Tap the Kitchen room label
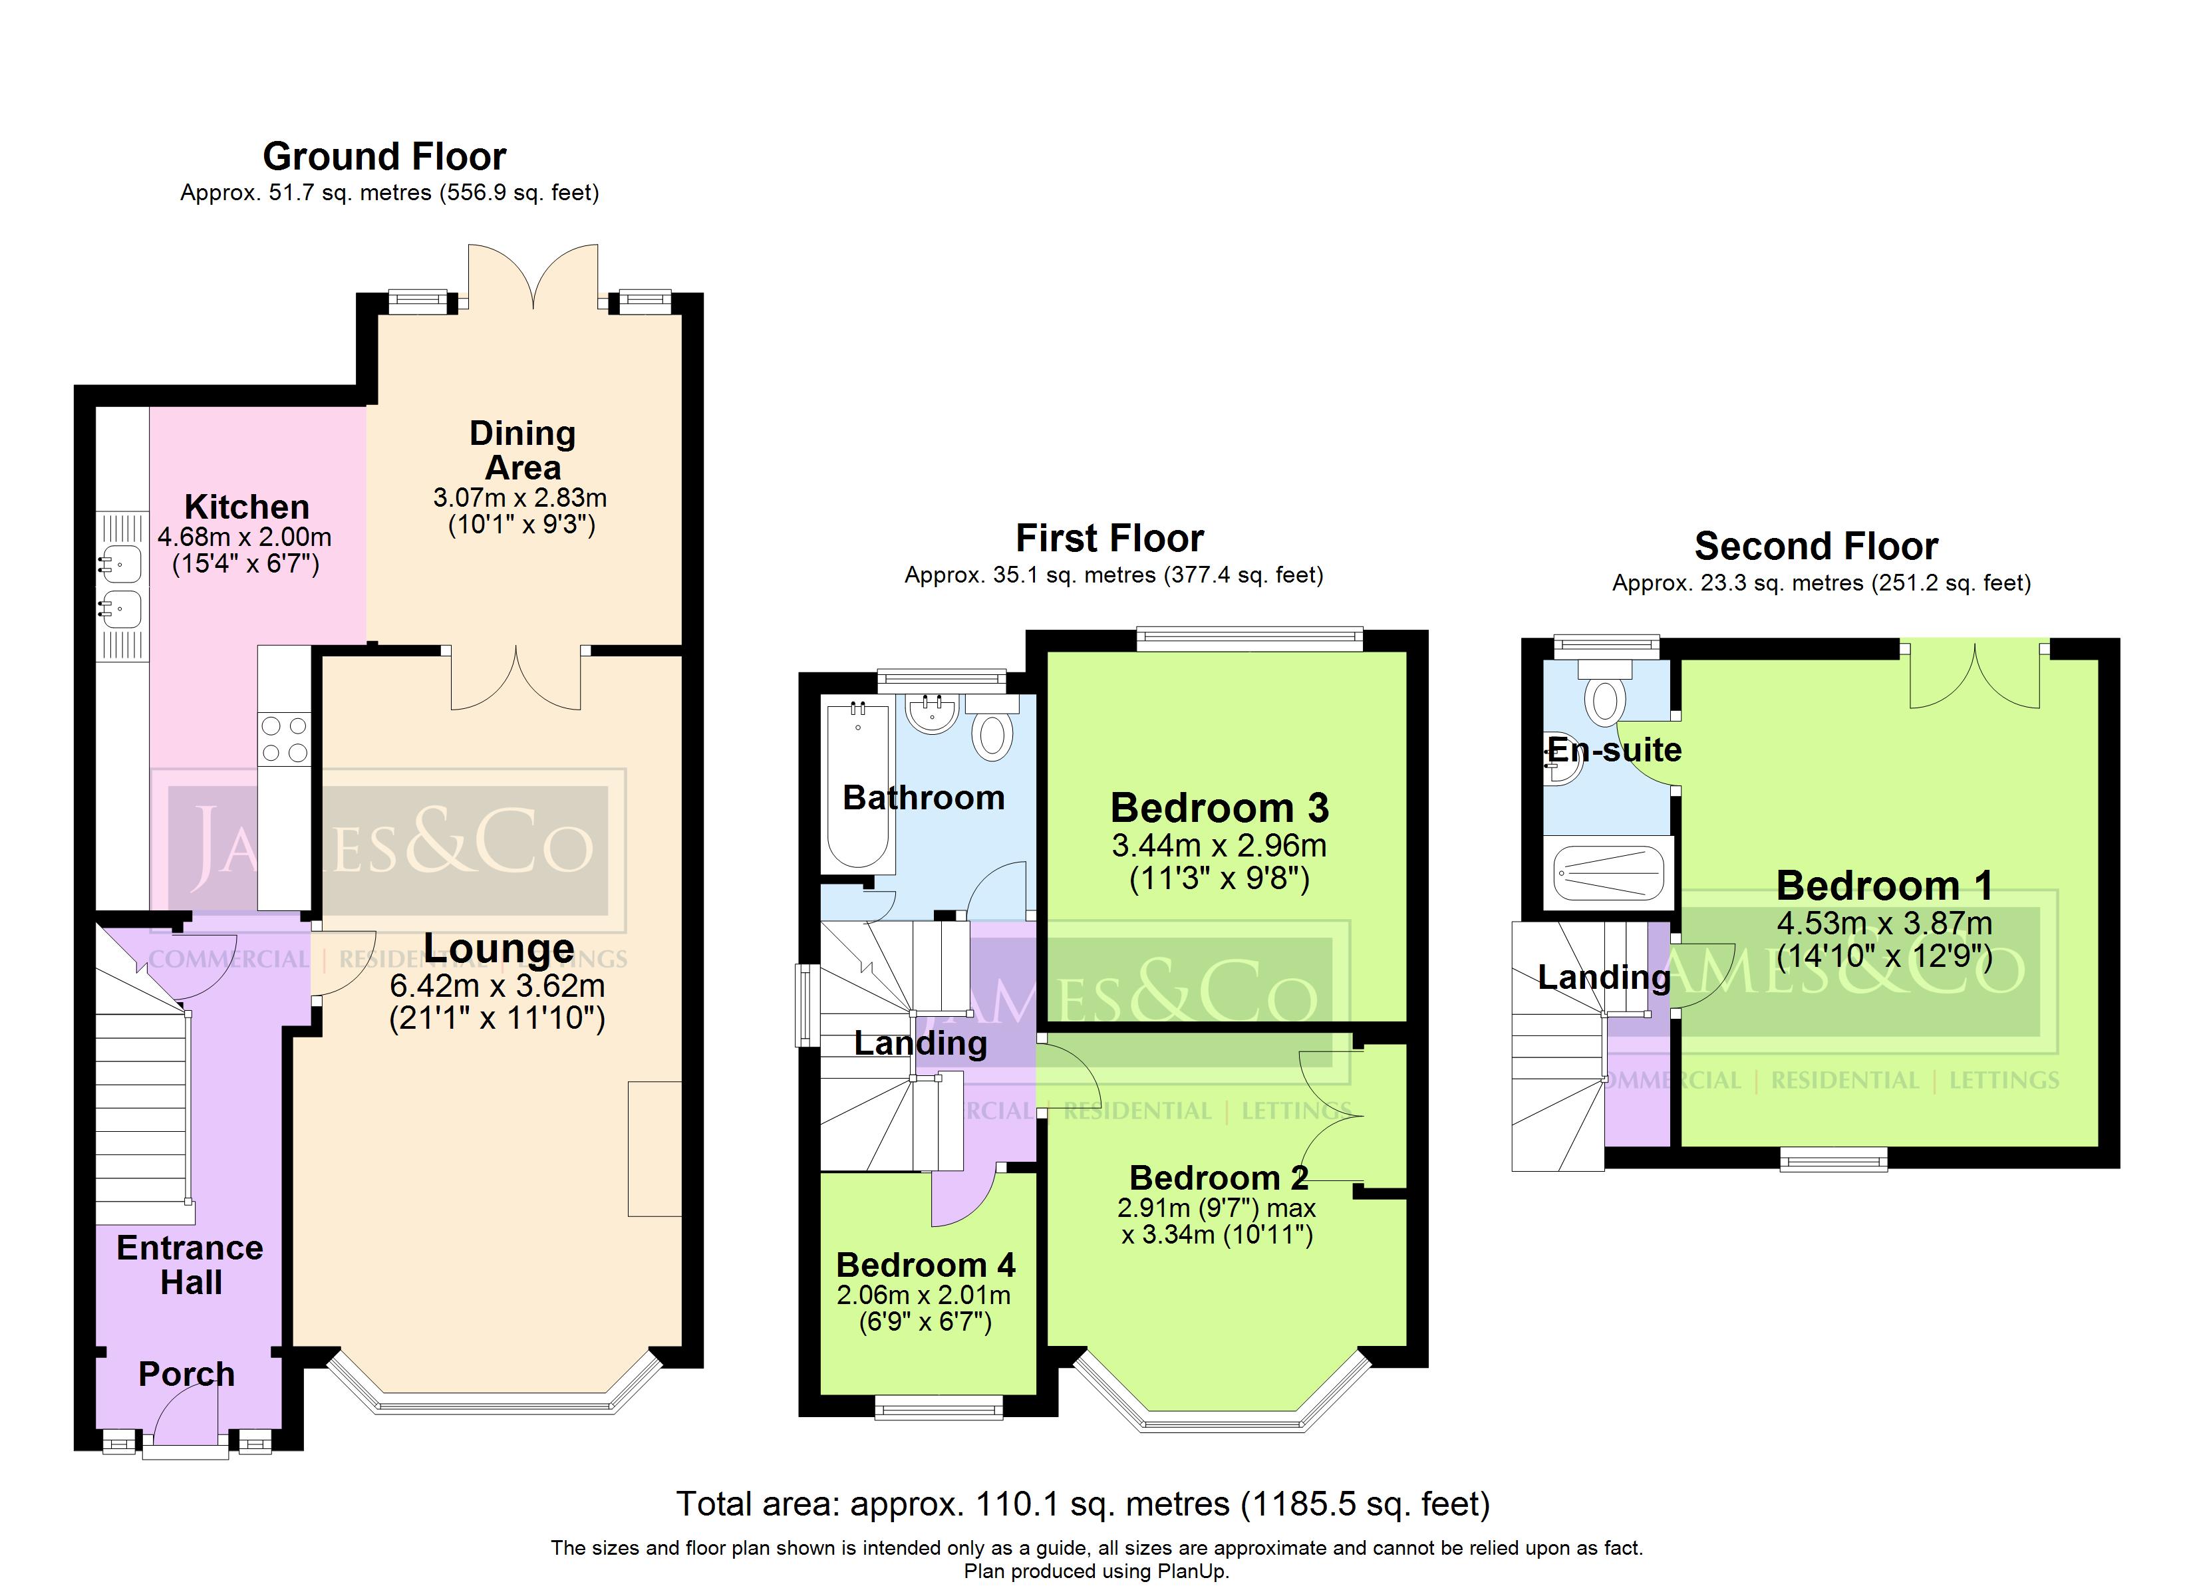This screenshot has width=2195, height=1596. [247, 506]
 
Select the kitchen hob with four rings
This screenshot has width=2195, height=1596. [285, 738]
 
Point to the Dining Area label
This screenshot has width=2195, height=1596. [523, 450]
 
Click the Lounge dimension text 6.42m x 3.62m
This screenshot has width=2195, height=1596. [498, 986]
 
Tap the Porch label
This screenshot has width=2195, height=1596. [187, 1373]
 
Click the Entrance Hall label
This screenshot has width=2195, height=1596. [190, 1265]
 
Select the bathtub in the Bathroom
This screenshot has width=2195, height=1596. [857, 786]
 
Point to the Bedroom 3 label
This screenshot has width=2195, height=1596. [1219, 807]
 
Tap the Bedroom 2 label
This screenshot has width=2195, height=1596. [1219, 1177]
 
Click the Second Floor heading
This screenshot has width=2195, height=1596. [1816, 547]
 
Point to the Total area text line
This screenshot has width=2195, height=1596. [1083, 1503]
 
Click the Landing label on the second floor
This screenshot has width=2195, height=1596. [1604, 978]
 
